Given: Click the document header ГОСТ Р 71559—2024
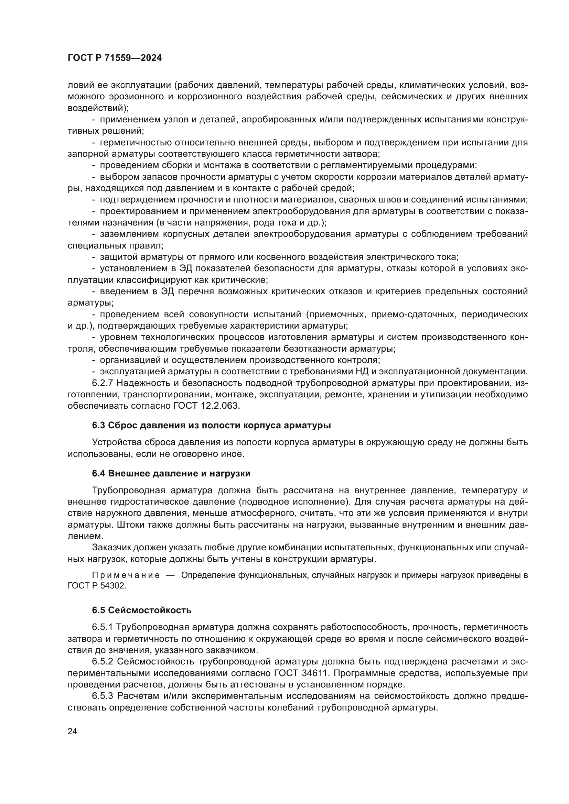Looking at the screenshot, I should tap(115, 58).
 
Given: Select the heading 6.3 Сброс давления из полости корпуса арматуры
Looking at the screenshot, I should tap(211, 426).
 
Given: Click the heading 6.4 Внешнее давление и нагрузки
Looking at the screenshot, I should tap(171, 473).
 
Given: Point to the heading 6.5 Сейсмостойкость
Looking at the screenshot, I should tap(141, 610).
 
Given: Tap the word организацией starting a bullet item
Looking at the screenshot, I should tap(128, 360).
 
